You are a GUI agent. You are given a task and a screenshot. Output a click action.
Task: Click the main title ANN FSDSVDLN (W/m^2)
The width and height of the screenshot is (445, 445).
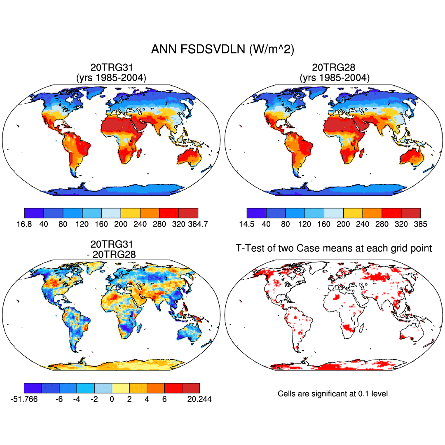pyautogui.click(x=222, y=49)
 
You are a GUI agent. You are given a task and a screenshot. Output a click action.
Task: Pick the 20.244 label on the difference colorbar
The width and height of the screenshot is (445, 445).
pyautogui.click(x=200, y=399)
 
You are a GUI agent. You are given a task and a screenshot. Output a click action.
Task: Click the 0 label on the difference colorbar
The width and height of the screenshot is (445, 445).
pyautogui.click(x=112, y=399)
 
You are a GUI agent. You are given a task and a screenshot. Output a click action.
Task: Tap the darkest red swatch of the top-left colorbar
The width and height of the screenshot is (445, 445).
pyautogui.click(x=189, y=213)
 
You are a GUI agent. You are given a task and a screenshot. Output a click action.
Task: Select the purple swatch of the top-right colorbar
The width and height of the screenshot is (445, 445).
pyautogui.click(x=256, y=213)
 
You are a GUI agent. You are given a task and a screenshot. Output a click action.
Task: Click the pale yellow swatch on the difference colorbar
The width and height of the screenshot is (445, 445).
pyautogui.click(x=120, y=388)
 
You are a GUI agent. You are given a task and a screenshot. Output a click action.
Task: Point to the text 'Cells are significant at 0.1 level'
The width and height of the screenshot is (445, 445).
pyautogui.click(x=333, y=394)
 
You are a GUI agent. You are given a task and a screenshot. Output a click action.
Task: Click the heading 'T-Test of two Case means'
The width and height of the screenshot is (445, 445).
pyautogui.click(x=334, y=248)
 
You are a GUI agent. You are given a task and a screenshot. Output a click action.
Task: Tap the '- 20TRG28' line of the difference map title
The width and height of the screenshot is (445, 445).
pyautogui.click(x=111, y=255)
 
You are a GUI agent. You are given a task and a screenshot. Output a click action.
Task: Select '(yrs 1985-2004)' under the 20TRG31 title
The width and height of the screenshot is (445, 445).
pyautogui.click(x=111, y=77)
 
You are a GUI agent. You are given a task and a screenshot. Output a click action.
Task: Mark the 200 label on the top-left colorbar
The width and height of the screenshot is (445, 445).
pyautogui.click(x=121, y=224)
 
